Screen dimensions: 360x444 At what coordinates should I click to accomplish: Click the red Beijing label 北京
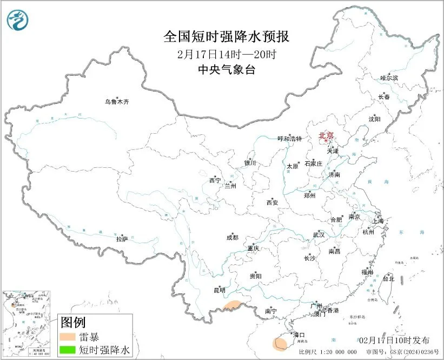point(326,135)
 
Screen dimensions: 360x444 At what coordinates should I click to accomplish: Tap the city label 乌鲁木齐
point(117,102)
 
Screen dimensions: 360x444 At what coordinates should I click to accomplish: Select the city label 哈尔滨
point(389,78)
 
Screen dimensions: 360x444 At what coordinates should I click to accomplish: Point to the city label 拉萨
point(122,239)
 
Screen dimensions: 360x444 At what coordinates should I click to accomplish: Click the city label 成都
point(232,237)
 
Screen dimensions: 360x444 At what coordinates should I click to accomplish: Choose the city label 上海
point(379,221)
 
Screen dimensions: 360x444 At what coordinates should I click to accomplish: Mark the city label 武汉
point(319,235)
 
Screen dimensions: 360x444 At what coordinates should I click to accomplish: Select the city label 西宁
point(215,181)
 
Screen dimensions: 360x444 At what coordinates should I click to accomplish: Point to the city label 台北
point(388,279)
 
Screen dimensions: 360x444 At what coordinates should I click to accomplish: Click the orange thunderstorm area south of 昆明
point(233,306)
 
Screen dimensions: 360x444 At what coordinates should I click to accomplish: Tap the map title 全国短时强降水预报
point(227,37)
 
